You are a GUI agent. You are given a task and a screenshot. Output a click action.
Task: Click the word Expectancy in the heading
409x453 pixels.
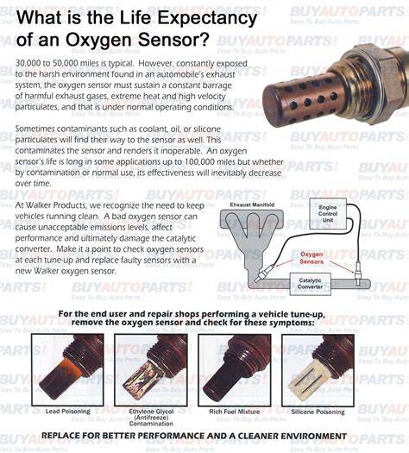207,18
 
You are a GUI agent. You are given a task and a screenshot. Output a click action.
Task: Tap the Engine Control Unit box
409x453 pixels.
328,214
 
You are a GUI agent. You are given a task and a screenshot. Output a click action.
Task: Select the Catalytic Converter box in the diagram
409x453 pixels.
311,284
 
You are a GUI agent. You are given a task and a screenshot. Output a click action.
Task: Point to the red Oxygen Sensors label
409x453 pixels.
311,258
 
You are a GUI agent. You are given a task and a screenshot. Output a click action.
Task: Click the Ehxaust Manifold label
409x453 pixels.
252,204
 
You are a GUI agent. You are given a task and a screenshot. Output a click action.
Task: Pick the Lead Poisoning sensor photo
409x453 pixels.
67,370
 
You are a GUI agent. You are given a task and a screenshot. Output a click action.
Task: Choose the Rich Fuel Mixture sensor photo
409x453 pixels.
235,370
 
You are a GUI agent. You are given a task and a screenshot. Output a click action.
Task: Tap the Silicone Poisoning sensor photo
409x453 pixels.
318,370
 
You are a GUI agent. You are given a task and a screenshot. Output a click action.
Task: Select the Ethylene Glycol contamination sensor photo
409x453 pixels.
151,370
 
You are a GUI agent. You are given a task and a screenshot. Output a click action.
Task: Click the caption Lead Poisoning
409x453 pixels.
68,412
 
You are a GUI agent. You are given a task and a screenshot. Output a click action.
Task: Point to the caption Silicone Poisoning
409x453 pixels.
318,412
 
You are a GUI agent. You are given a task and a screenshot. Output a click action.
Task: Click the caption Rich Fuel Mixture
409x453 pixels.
235,412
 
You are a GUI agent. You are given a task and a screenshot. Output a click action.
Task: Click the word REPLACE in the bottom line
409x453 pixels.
60,436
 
